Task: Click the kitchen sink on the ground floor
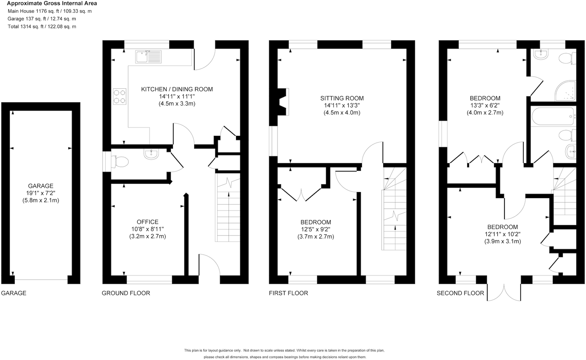coord(148,57)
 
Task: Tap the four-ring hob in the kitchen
coord(119,96)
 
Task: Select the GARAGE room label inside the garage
coord(41,186)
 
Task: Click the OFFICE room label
coord(147,222)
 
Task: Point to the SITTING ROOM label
coord(342,98)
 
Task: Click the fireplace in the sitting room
coord(283,102)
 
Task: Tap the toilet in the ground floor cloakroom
coord(121,162)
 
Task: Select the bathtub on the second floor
coord(553,116)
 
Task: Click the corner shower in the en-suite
coord(566,91)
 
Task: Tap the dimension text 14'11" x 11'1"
coord(177,97)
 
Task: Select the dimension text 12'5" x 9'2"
coord(316,229)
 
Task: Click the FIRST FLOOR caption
coord(288,293)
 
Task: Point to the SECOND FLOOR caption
coord(460,293)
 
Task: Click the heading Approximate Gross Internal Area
coord(52,3)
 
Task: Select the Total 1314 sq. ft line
coord(42,26)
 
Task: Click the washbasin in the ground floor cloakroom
coord(151,154)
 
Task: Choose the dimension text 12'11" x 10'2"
coord(503,234)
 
